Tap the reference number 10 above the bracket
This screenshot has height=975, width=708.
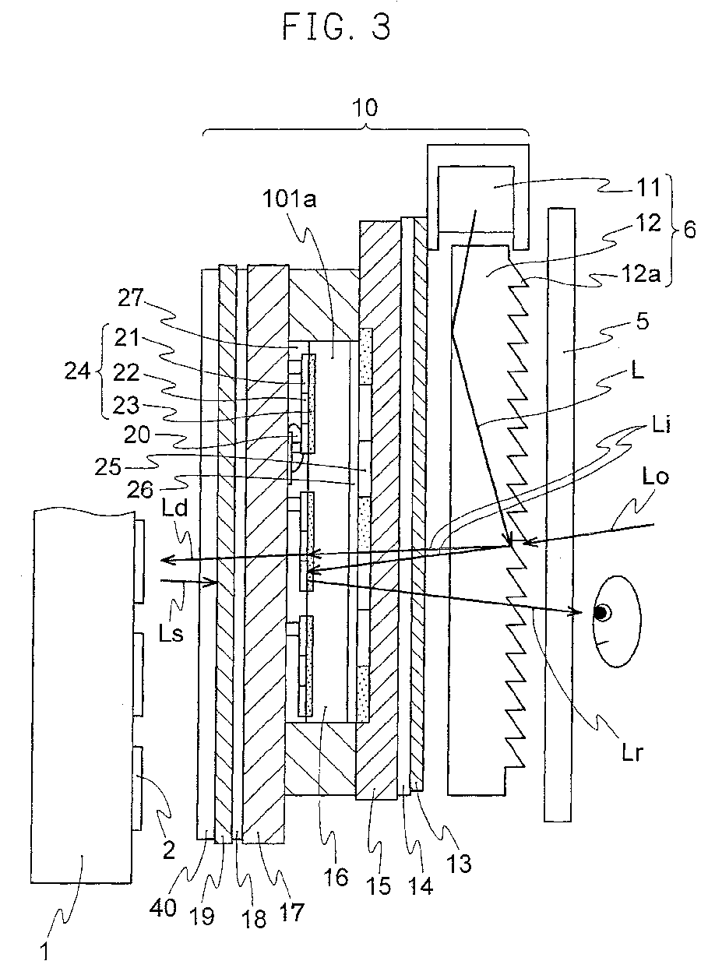pyautogui.click(x=366, y=107)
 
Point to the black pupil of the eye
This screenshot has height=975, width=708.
pyautogui.click(x=601, y=612)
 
